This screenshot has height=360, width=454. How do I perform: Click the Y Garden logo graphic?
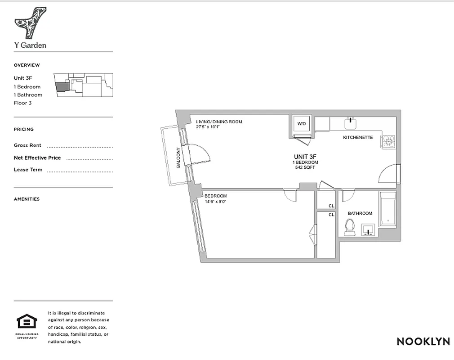pos(30,23)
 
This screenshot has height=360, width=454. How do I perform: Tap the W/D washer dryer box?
pos(301,124)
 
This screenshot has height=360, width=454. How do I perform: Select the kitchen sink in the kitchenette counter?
pos(351,122)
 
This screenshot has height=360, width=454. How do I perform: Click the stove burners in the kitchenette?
pos(388,141)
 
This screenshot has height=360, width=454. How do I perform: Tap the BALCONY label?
pos(178,158)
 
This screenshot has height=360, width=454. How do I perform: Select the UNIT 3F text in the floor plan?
pos(305,157)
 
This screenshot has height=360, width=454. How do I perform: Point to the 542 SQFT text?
pos(305,167)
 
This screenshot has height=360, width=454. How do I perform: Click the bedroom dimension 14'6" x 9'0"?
pos(216,202)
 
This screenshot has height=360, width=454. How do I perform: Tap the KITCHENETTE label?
pos(358,137)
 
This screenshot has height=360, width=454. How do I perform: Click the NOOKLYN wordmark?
pos(423,342)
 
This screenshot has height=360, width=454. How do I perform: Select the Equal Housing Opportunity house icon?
pos(27,322)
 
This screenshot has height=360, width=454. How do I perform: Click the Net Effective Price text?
pos(37,158)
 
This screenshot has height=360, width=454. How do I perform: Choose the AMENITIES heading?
pos(27,199)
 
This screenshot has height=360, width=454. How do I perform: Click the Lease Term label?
pos(28,170)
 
